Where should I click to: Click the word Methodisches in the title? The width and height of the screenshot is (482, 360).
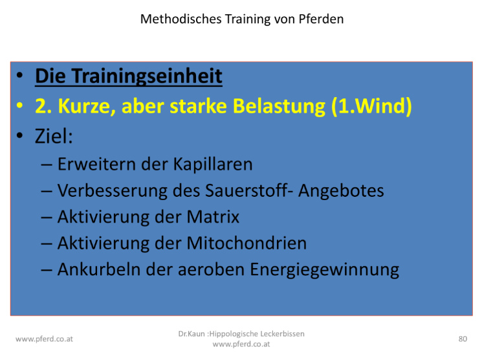click(x=181, y=19)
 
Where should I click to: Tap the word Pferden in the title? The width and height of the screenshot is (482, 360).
click(x=321, y=19)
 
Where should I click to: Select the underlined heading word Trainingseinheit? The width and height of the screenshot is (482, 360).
click(x=148, y=76)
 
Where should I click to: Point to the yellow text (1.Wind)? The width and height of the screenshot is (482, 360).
click(x=371, y=106)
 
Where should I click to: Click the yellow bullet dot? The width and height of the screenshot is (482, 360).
click(x=19, y=106)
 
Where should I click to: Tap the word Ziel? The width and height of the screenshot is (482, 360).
click(x=54, y=136)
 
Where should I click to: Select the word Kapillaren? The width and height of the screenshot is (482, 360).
click(x=213, y=164)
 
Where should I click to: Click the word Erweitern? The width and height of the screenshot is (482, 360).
click(x=96, y=164)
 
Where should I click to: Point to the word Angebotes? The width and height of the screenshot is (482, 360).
click(x=341, y=191)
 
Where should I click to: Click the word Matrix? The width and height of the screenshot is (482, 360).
click(x=213, y=217)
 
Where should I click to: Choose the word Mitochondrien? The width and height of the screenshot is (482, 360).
click(x=246, y=243)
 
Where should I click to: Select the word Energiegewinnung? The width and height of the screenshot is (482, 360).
click(x=324, y=270)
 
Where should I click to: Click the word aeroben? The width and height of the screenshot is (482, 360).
click(x=211, y=269)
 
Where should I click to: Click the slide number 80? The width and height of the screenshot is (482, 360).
click(x=463, y=339)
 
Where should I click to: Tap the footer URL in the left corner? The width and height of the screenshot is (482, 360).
click(x=44, y=339)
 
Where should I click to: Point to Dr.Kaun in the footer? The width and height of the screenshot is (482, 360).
click(x=192, y=334)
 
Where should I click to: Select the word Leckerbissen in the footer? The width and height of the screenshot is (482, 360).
click(x=282, y=334)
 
